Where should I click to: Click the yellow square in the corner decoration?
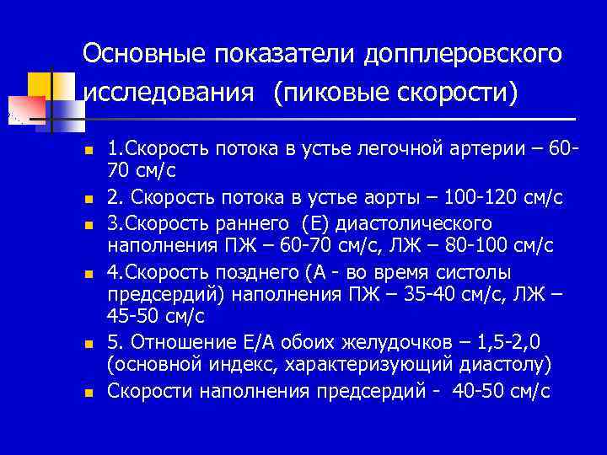(x=40, y=84)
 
